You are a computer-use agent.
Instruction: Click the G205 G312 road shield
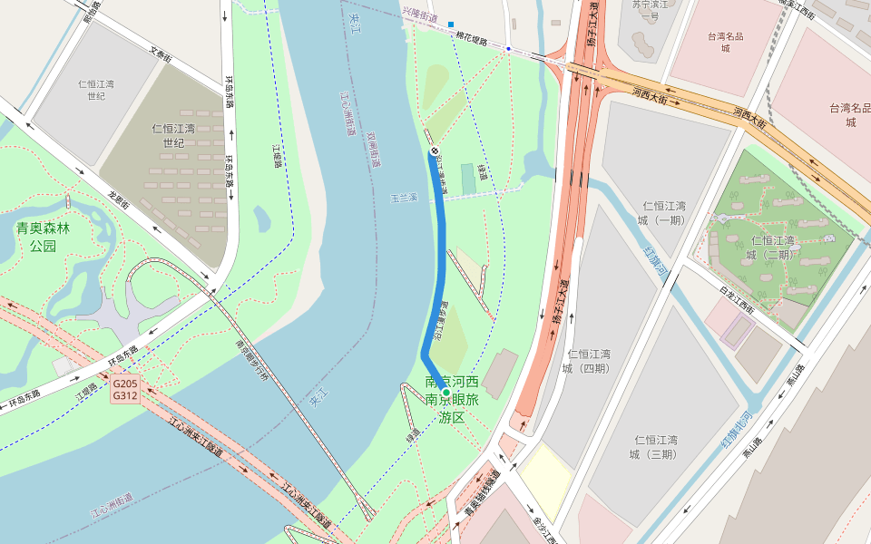(x=125, y=389)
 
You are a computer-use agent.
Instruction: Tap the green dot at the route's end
(x=445, y=393)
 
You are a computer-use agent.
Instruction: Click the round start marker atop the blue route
(x=434, y=151)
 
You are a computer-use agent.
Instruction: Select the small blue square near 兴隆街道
(x=450, y=24)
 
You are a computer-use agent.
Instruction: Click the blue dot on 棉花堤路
(x=509, y=48)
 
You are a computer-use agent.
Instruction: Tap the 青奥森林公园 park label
(x=43, y=237)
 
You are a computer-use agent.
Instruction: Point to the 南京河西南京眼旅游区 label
(x=452, y=399)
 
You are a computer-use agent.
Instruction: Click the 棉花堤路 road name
(x=478, y=40)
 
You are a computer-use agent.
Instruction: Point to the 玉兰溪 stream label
(x=403, y=197)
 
